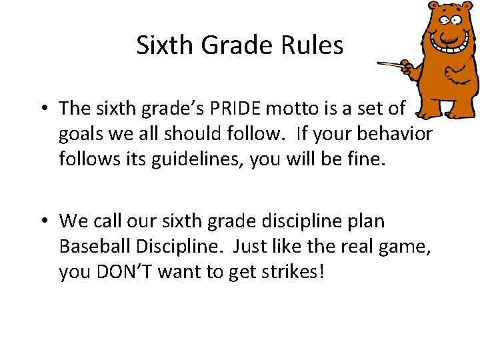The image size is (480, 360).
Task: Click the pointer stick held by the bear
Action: pyautogui.click(x=393, y=65)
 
